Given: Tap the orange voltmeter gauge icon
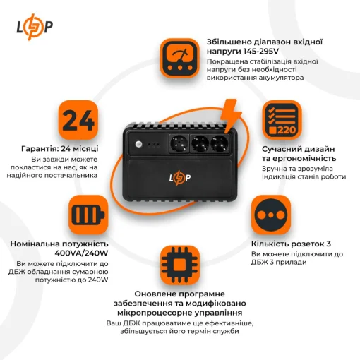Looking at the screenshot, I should [x=180, y=57].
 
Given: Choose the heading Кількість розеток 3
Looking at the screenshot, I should [x=294, y=244].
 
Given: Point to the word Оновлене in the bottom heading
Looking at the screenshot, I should [x=157, y=293].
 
